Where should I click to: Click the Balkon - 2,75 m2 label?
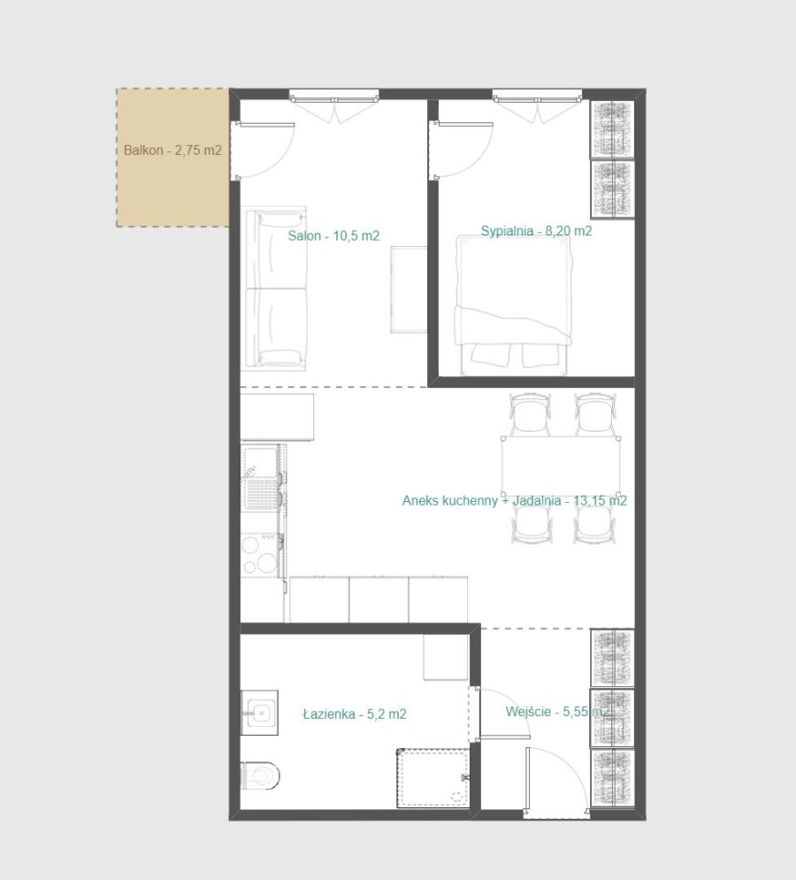(x=172, y=151)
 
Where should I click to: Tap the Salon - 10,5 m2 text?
(x=333, y=235)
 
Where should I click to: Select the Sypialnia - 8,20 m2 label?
(x=536, y=231)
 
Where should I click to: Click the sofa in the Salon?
(x=276, y=289)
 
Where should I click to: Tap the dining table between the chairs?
(x=558, y=466)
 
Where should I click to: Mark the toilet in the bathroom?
(x=258, y=776)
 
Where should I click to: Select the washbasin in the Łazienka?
(x=259, y=711)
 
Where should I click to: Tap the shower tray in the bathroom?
(x=432, y=777)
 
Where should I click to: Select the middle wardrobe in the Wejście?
(x=613, y=717)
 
